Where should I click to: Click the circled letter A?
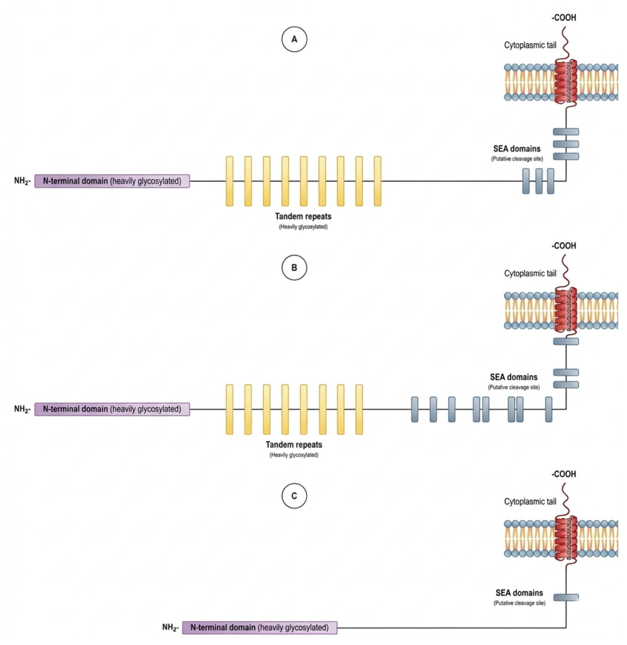(x=294, y=39)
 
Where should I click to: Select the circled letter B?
(x=294, y=268)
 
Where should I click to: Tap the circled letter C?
(x=294, y=496)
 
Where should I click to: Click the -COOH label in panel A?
(x=564, y=18)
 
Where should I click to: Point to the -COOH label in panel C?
(x=564, y=475)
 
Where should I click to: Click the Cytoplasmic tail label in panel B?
(x=530, y=273)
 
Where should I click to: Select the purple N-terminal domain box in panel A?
(x=112, y=181)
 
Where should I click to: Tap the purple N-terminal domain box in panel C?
(x=260, y=627)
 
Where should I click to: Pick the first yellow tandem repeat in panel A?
(x=229, y=181)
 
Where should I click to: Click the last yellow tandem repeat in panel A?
(x=378, y=181)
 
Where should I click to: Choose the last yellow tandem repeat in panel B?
(x=359, y=409)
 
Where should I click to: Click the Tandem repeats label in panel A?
(x=303, y=216)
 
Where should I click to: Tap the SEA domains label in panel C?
(x=519, y=593)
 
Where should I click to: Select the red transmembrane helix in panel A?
(x=566, y=82)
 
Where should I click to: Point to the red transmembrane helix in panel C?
(x=566, y=538)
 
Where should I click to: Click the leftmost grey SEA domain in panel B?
(x=415, y=409)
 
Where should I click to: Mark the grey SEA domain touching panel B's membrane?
(x=566, y=341)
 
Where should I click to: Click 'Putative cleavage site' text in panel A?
(x=517, y=159)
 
